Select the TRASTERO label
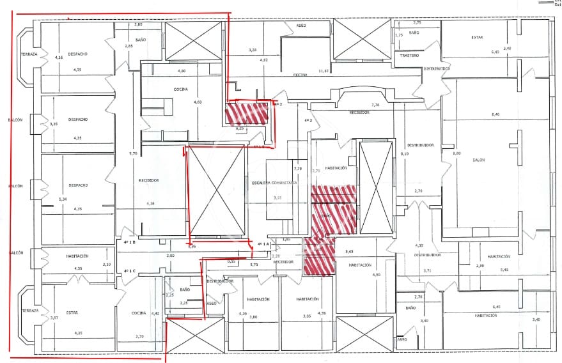[409, 56]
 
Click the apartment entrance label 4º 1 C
[131, 270]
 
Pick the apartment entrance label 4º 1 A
[265, 244]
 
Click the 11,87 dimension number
[324, 72]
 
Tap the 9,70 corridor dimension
[133, 153]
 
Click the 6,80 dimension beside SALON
[457, 153]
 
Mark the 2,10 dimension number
[107, 265]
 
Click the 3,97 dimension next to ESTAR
[54, 318]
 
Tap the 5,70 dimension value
[253, 265]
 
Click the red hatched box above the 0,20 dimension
[246, 114]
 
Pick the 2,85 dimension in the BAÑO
[129, 46]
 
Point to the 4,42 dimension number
[155, 313]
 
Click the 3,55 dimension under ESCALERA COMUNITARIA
[277, 198]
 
